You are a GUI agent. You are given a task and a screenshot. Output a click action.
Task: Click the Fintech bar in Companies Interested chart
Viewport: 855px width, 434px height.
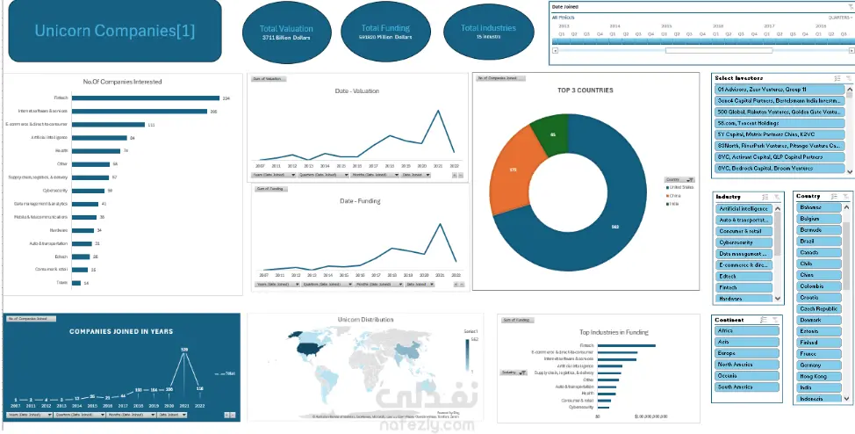pyautogui.click(x=145, y=98)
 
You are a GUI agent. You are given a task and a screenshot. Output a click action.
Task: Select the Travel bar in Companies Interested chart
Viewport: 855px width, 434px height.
pyautogui.click(x=76, y=283)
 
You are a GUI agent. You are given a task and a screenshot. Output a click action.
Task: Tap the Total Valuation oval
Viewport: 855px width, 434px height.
pyautogui.click(x=286, y=34)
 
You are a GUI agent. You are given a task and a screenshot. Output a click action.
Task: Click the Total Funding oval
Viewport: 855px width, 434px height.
pyautogui.click(x=386, y=33)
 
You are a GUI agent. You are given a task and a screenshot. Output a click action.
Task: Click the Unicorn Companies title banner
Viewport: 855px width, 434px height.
pyautogui.click(x=115, y=32)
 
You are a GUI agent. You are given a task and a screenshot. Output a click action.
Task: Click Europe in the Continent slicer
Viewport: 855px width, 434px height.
pyautogui.click(x=747, y=353)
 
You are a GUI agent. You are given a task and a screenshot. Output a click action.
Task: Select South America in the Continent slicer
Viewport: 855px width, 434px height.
pyautogui.click(x=747, y=387)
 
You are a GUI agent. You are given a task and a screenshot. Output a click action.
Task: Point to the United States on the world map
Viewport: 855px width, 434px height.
pyautogui.click(x=307, y=350)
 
